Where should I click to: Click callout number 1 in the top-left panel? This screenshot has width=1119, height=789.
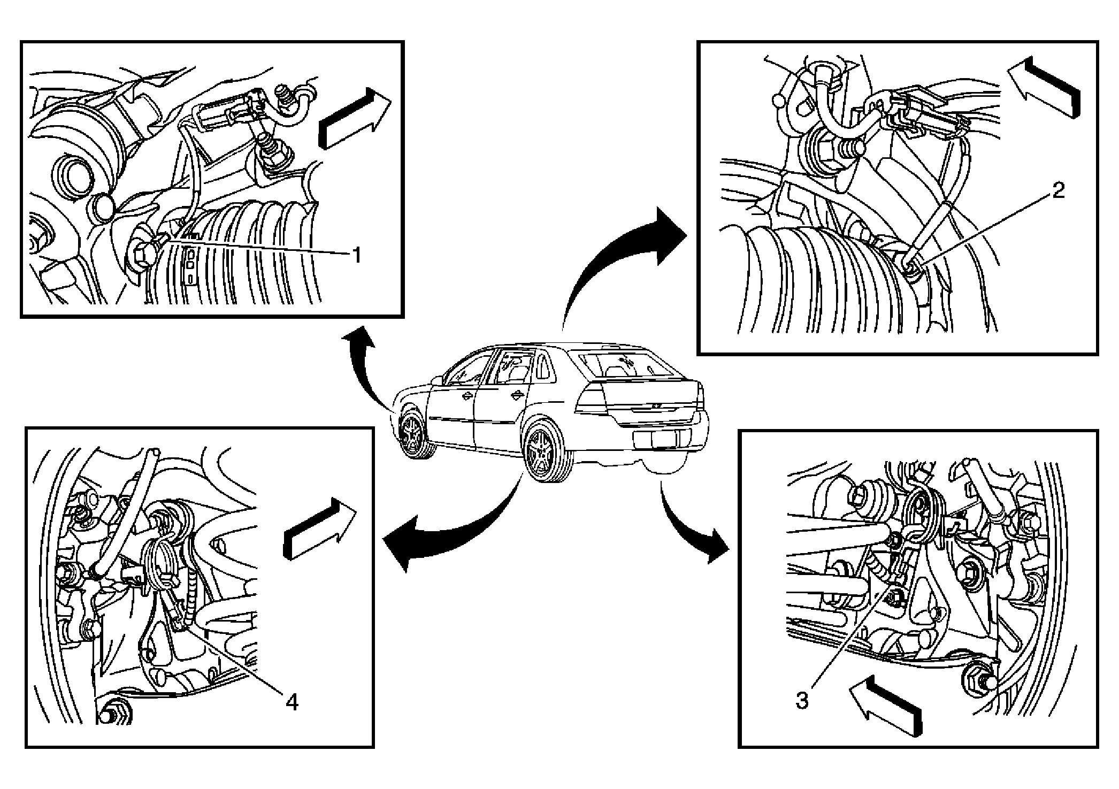(x=355, y=255)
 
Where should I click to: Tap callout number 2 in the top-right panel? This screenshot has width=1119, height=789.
(x=1057, y=191)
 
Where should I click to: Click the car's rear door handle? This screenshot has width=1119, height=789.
(x=516, y=395)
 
